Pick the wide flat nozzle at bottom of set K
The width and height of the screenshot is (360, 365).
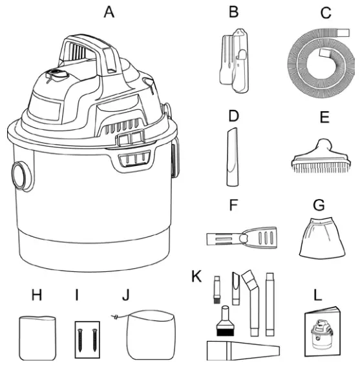(x=243, y=350)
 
